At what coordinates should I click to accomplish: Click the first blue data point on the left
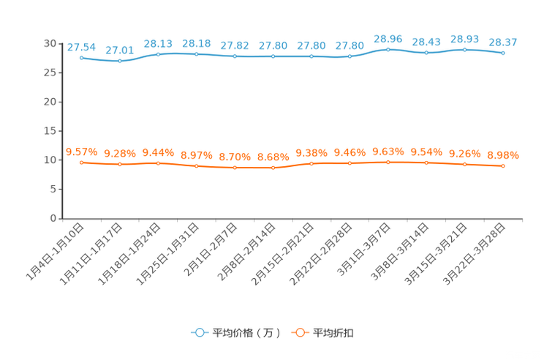81,56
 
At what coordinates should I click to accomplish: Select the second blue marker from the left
119,61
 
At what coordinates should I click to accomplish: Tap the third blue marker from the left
158,54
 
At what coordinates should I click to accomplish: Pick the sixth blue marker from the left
273,56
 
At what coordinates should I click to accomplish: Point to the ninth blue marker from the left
388,49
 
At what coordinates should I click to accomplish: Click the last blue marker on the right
503,53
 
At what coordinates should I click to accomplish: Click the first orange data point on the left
81,162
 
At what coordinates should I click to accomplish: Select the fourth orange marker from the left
196,166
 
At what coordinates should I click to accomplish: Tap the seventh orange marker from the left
311,164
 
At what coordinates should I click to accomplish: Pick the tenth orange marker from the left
426,162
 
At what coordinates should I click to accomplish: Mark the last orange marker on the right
503,166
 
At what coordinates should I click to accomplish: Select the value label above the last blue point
503,42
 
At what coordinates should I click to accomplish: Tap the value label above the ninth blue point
388,38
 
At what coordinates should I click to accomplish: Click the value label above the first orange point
81,151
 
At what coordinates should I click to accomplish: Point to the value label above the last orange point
503,155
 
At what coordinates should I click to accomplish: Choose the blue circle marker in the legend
199,332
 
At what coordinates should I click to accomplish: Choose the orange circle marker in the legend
298,332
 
